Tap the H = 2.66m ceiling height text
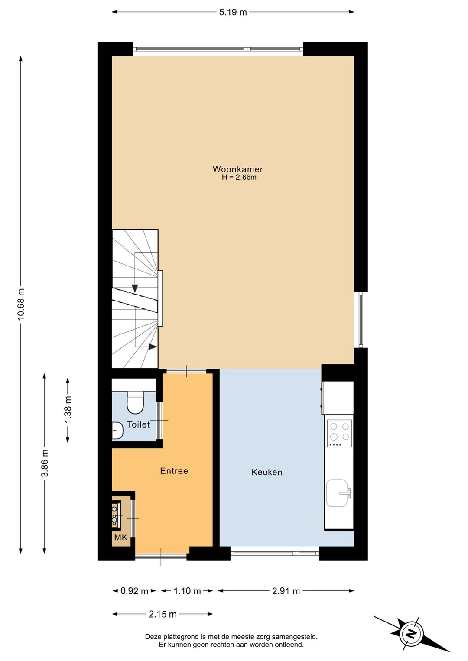239,178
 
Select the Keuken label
267,472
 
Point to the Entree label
174,471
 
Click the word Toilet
139,424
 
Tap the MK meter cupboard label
121,537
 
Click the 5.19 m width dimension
233,12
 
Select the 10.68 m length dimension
21,304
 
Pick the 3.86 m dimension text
45,463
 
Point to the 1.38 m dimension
68,410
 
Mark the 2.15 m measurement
162,614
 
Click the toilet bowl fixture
135,402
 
